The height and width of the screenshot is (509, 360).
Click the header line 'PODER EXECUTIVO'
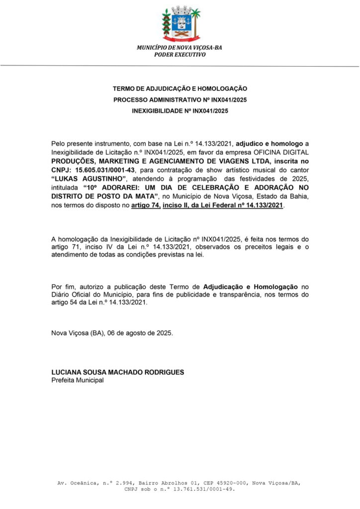pyautogui.click(x=180, y=55)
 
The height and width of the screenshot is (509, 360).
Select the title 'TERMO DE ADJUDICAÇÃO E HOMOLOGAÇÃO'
pyautogui.click(x=180, y=88)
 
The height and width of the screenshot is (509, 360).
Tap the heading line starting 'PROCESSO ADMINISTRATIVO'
pyautogui.click(x=180, y=100)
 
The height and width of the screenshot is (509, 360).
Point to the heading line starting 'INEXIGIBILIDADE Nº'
pyautogui.click(x=180, y=111)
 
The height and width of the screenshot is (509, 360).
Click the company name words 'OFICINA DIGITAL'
pyautogui.click(x=282, y=152)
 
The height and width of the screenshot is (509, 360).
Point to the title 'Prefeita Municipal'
pyautogui.click(x=78, y=380)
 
